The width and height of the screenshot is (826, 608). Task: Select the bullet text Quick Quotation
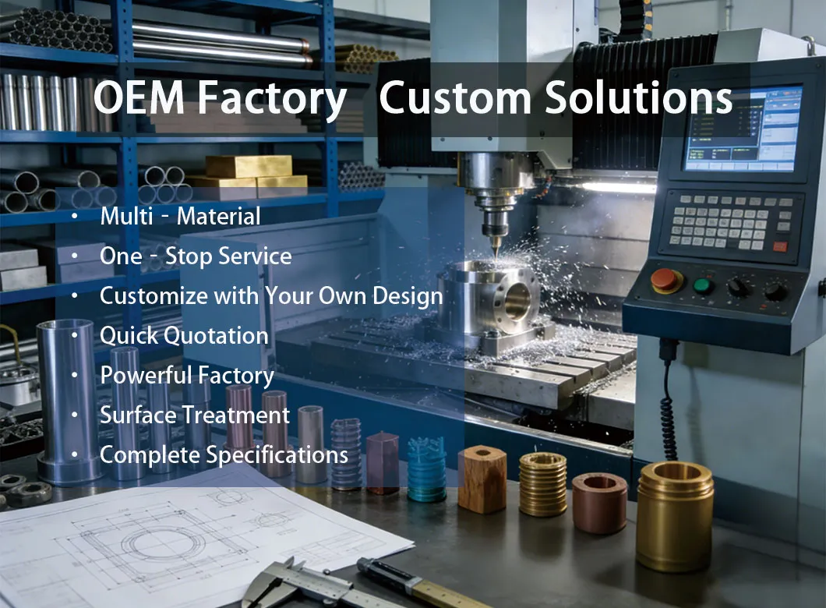click(x=184, y=336)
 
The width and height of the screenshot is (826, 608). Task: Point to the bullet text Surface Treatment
click(x=195, y=415)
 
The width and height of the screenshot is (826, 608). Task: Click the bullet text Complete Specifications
click(x=224, y=454)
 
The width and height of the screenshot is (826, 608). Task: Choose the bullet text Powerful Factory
click(x=187, y=376)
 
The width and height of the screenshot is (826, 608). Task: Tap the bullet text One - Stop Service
click(x=196, y=256)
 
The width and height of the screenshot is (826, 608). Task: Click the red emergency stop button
click(x=666, y=280)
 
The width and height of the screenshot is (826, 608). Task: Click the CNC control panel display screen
click(x=743, y=129)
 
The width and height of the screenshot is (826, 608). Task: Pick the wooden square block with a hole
click(x=482, y=479)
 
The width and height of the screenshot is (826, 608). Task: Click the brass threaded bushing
click(x=543, y=483)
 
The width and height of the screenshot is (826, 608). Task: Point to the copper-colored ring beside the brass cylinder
click(x=599, y=502)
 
